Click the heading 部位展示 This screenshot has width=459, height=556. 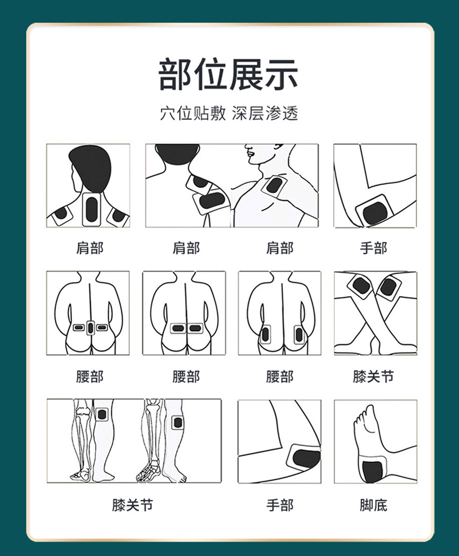coord(229,75)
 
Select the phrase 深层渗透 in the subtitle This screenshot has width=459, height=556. coord(265,113)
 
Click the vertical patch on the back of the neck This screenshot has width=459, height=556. coord(92,208)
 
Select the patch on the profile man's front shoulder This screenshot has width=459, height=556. coord(272,186)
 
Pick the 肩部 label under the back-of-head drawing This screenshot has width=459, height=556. coord(89,248)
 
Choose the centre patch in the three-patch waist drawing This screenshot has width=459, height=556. coord(91,327)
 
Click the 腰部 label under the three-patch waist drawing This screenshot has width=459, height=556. coord(89,376)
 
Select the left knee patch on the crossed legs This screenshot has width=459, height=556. coord(361,286)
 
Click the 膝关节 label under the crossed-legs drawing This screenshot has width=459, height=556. coord(374,376)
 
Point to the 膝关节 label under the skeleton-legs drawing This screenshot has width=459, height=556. coord(133,505)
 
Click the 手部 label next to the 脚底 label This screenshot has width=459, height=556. coord(279,505)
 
